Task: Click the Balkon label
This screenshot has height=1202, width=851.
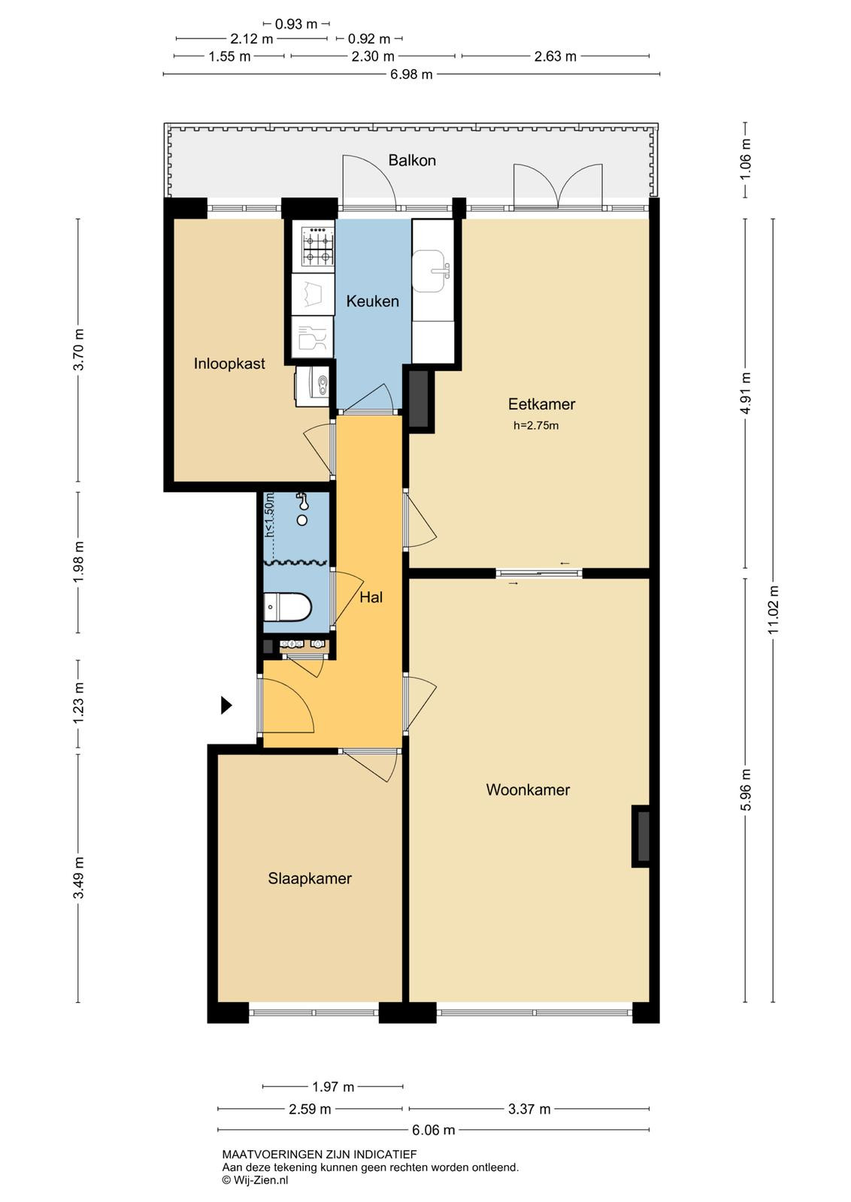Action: click(412, 161)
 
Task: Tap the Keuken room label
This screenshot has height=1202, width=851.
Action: click(372, 301)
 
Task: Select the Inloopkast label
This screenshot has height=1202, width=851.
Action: click(229, 364)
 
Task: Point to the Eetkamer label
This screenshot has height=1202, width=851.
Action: click(541, 404)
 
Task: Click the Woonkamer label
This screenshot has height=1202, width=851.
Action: click(528, 790)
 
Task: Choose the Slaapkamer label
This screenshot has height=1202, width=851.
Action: click(310, 878)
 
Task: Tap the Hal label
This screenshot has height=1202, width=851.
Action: click(371, 597)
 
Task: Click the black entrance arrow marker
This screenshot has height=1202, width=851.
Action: click(226, 705)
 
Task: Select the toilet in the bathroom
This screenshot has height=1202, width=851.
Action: click(287, 607)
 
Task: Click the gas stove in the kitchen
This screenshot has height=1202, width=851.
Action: click(318, 246)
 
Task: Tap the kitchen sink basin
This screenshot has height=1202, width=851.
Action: click(431, 271)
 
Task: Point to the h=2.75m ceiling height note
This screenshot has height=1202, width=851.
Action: click(536, 426)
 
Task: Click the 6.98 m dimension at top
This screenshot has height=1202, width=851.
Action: click(411, 74)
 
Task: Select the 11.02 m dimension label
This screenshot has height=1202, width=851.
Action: click(773, 610)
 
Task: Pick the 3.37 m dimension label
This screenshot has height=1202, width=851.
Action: click(529, 1109)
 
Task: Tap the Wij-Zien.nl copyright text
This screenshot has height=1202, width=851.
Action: click(255, 1180)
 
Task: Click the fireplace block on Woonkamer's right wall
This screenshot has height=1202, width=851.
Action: click(641, 837)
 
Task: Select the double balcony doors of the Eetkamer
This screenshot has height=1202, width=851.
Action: click(559, 186)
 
